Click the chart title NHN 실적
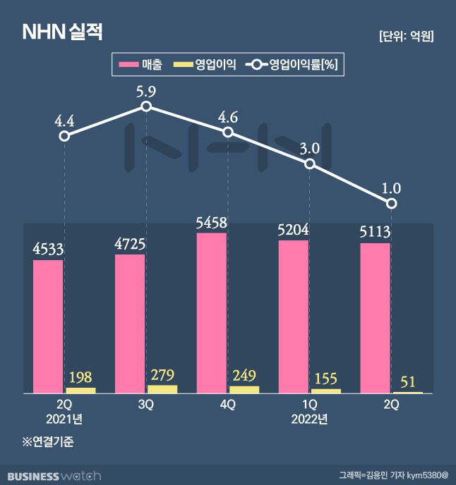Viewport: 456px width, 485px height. [x=64, y=32]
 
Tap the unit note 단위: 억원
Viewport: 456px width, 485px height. [x=406, y=36]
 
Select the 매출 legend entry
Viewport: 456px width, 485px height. [x=142, y=66]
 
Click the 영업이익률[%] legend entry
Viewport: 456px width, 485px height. [x=294, y=66]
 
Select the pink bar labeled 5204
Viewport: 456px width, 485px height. [x=293, y=317]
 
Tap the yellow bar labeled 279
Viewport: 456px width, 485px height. [x=162, y=388]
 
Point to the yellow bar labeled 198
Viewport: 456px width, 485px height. [x=80, y=390]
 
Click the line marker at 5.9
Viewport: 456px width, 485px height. [x=146, y=106]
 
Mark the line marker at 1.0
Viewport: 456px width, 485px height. [x=392, y=204]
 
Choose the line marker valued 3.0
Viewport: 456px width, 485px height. [x=310, y=164]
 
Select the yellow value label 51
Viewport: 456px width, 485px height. [x=407, y=381]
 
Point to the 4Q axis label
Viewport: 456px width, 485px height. [x=227, y=405]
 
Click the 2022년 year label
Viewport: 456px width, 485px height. [x=309, y=419]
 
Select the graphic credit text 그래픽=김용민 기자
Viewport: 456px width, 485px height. [x=378, y=476]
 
